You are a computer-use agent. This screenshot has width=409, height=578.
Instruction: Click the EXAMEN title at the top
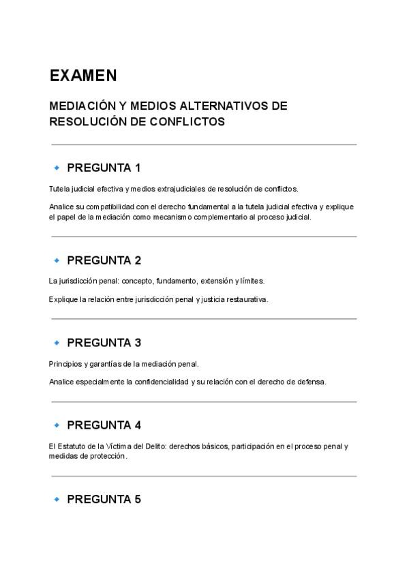pos(83,75)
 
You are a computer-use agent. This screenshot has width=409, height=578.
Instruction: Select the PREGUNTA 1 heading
pos(104,168)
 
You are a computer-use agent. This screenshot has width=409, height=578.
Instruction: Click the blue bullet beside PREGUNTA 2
pos(57,260)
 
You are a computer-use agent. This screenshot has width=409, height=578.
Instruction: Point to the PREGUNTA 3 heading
pos(104,343)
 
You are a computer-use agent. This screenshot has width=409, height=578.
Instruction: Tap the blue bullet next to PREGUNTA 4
pos(57,425)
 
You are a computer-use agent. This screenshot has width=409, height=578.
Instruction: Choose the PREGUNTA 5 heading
pos(104,499)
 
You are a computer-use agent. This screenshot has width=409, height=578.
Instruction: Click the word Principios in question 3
pos(64,363)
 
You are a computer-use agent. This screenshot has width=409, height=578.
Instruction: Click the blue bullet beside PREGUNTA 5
pos(57,499)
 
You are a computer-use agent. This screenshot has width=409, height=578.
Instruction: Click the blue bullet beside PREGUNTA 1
pos(57,168)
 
